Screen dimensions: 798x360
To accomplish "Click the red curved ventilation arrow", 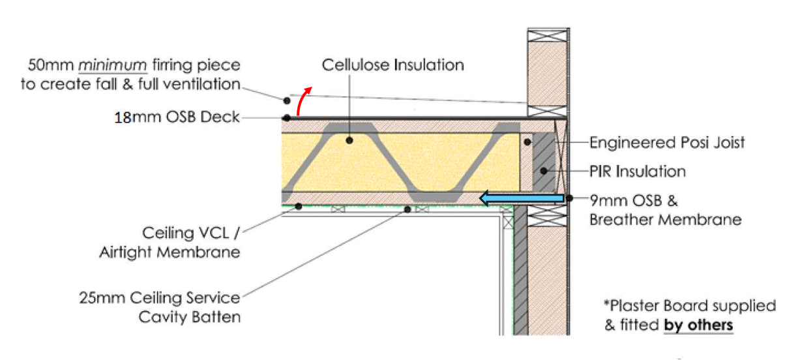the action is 301,100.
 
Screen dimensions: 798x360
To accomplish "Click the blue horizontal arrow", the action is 522,198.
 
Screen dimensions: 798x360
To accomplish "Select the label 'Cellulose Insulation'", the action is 392,65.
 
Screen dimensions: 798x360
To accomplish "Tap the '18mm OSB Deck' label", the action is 177,117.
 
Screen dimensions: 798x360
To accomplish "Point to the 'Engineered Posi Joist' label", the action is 667,143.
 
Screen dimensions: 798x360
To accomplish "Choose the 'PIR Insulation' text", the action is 638,172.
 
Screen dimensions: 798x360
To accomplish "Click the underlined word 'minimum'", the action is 112,65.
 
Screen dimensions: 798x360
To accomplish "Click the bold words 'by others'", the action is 698,325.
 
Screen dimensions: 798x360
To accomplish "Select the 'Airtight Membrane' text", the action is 170,252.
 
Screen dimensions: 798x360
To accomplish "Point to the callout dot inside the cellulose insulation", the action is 349,140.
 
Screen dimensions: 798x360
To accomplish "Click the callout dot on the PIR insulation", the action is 544,171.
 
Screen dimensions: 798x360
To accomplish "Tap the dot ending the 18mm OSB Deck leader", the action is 287,117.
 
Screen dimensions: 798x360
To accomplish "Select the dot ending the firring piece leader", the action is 287,101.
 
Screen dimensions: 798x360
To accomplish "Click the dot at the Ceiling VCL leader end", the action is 299,206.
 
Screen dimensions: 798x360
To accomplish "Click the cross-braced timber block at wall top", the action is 548,36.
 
